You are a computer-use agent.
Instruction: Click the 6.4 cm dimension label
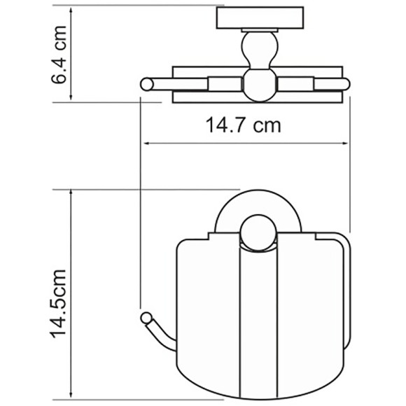click(x=59, y=55)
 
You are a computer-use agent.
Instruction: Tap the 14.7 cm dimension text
click(x=243, y=125)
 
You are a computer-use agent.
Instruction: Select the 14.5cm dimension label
click(x=58, y=304)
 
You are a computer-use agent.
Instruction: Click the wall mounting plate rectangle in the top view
click(x=260, y=17)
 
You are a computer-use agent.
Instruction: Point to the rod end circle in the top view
click(x=147, y=84)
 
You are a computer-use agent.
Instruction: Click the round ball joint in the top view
click(x=260, y=85)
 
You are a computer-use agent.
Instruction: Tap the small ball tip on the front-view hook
click(x=146, y=318)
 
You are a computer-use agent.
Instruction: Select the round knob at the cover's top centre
click(x=258, y=233)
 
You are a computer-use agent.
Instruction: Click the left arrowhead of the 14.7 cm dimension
click(x=147, y=143)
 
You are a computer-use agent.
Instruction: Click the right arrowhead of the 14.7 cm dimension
click(x=344, y=143)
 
